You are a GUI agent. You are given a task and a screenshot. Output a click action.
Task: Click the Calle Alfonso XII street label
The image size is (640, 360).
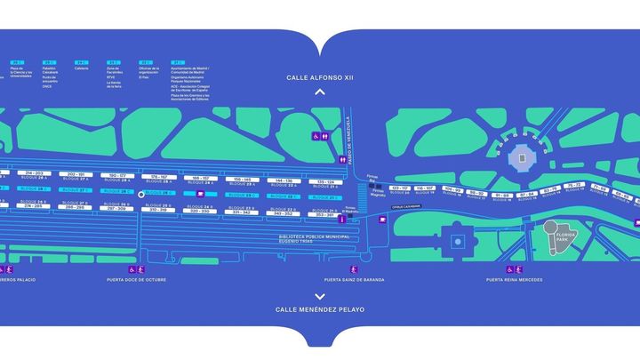click(320, 77)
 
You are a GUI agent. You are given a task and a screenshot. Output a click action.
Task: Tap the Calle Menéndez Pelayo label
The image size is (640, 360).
click(320, 310)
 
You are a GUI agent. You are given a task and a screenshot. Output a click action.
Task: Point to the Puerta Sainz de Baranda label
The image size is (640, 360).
click(355, 280)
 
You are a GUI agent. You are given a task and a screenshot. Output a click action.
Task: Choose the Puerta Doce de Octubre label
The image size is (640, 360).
click(137, 280)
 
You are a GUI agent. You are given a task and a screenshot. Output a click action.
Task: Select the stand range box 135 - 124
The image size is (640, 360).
click(325, 181)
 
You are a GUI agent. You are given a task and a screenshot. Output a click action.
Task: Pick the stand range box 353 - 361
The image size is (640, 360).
click(325, 213)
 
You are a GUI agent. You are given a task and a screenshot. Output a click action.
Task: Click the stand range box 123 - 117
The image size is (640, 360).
click(400, 188)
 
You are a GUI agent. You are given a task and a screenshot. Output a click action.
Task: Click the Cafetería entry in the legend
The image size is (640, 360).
click(81, 68)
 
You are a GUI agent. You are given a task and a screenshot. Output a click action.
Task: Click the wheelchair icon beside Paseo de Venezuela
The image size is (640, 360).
click(315, 137)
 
